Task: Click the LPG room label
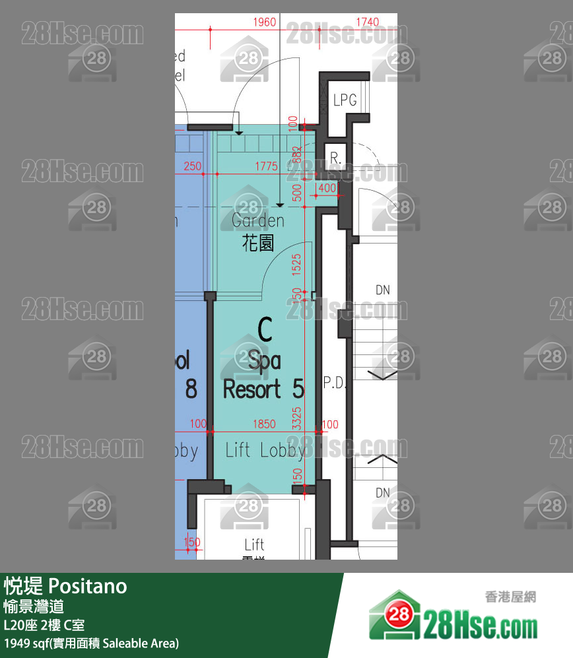345,100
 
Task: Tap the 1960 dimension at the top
265,22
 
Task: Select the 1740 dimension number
367,22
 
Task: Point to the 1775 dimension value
266,167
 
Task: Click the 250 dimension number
193,167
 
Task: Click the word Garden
258,220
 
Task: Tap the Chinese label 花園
258,244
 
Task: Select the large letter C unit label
265,330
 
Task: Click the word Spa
265,360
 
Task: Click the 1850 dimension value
264,424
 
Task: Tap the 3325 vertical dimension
297,418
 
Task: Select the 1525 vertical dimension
297,265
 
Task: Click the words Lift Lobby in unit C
265,450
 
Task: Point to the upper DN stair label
383,290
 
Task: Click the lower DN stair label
383,492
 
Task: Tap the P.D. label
335,383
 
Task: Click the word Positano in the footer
88,585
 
